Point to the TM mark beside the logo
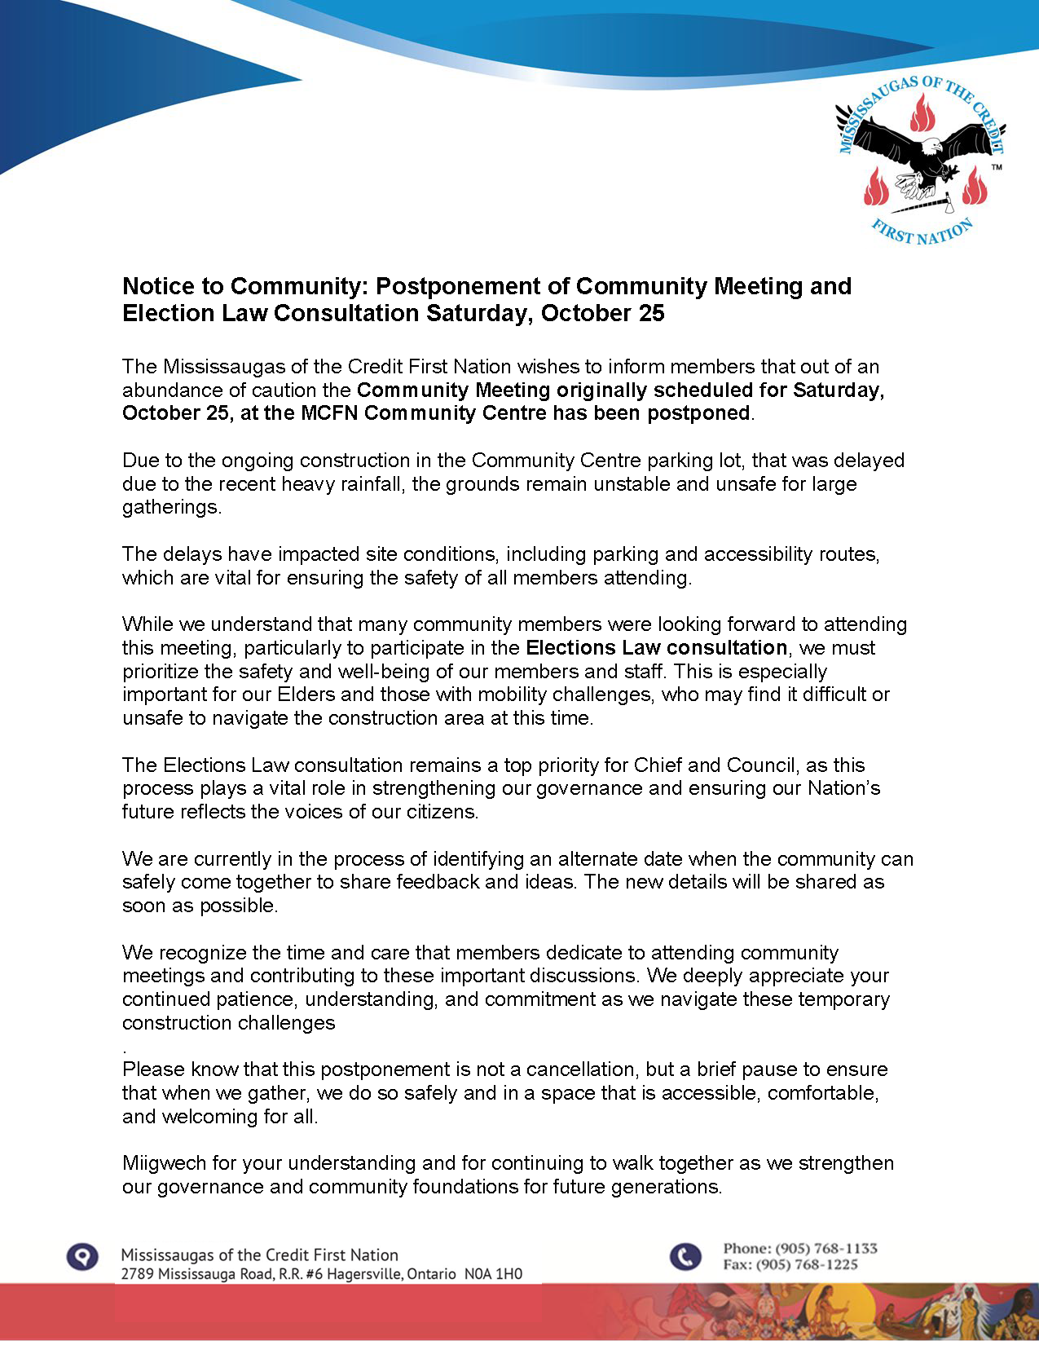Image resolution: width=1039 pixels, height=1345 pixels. pyautogui.click(x=997, y=168)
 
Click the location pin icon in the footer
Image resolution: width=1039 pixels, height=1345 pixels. pyautogui.click(x=82, y=1256)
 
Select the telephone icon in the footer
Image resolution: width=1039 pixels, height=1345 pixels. pyautogui.click(x=685, y=1256)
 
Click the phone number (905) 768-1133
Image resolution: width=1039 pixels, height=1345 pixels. pyautogui.click(x=825, y=1248)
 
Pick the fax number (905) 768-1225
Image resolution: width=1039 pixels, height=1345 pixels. pyautogui.click(x=807, y=1264)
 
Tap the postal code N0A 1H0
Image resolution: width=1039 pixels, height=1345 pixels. pyautogui.click(x=492, y=1274)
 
